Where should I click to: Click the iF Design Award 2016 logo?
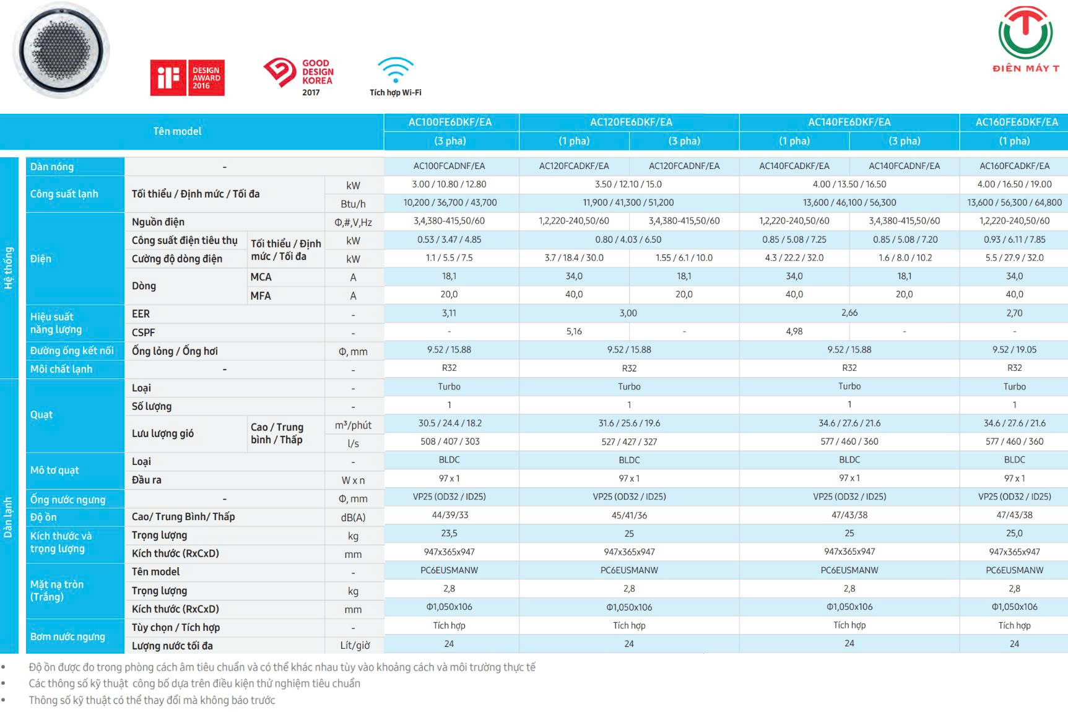[187, 77]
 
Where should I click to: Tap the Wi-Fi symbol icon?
[395, 69]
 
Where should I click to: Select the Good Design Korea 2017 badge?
[298, 77]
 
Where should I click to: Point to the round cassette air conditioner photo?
[61, 50]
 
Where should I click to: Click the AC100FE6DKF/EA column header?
[450, 122]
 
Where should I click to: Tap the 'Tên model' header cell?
[177, 131]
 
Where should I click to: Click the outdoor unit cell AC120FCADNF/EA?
[684, 166]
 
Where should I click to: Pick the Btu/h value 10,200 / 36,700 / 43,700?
[450, 202]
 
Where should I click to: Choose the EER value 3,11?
[449, 313]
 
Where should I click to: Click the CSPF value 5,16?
[574, 332]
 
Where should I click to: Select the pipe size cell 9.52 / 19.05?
[1014, 350]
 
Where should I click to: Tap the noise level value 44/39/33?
[450, 515]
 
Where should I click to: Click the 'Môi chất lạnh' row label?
[61, 369]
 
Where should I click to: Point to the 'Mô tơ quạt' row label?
[54, 470]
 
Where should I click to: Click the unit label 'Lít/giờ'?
[355, 645]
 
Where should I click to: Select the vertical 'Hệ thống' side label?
[9, 268]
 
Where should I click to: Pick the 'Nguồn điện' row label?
[158, 222]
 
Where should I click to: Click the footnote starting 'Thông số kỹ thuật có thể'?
[152, 700]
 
